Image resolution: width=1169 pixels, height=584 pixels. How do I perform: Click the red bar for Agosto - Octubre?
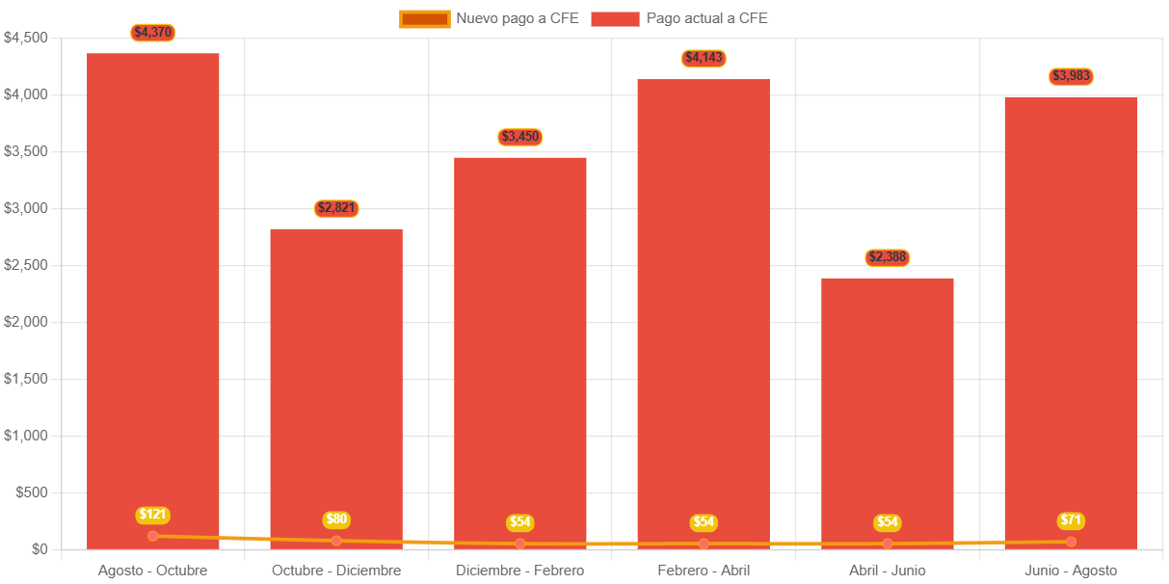(x=152, y=289)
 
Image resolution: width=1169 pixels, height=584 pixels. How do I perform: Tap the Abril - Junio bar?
(x=888, y=405)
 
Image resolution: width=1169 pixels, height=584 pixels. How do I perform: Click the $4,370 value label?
(x=152, y=33)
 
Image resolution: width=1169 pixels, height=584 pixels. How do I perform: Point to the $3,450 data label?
(x=520, y=137)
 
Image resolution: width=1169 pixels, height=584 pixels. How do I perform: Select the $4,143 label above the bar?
(x=704, y=59)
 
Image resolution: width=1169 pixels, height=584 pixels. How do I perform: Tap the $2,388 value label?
(x=888, y=257)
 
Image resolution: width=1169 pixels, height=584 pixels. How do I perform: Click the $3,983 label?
(x=1072, y=76)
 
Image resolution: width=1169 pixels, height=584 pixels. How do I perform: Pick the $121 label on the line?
(x=152, y=515)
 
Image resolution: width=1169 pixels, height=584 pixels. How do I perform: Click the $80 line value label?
(x=336, y=519)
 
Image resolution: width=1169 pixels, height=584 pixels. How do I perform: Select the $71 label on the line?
(x=1072, y=520)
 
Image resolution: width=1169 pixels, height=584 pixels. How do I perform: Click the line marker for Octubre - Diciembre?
(x=336, y=541)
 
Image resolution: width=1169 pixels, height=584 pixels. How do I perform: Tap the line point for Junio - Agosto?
(x=1072, y=542)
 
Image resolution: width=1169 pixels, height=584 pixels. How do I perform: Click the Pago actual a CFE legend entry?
(x=680, y=18)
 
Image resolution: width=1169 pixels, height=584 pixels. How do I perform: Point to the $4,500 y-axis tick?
(x=26, y=38)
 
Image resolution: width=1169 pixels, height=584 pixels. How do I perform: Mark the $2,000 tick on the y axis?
(x=26, y=322)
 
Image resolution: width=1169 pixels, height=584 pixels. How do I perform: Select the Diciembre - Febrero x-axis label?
(x=520, y=571)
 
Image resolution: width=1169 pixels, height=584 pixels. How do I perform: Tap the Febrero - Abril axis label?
(x=704, y=571)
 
